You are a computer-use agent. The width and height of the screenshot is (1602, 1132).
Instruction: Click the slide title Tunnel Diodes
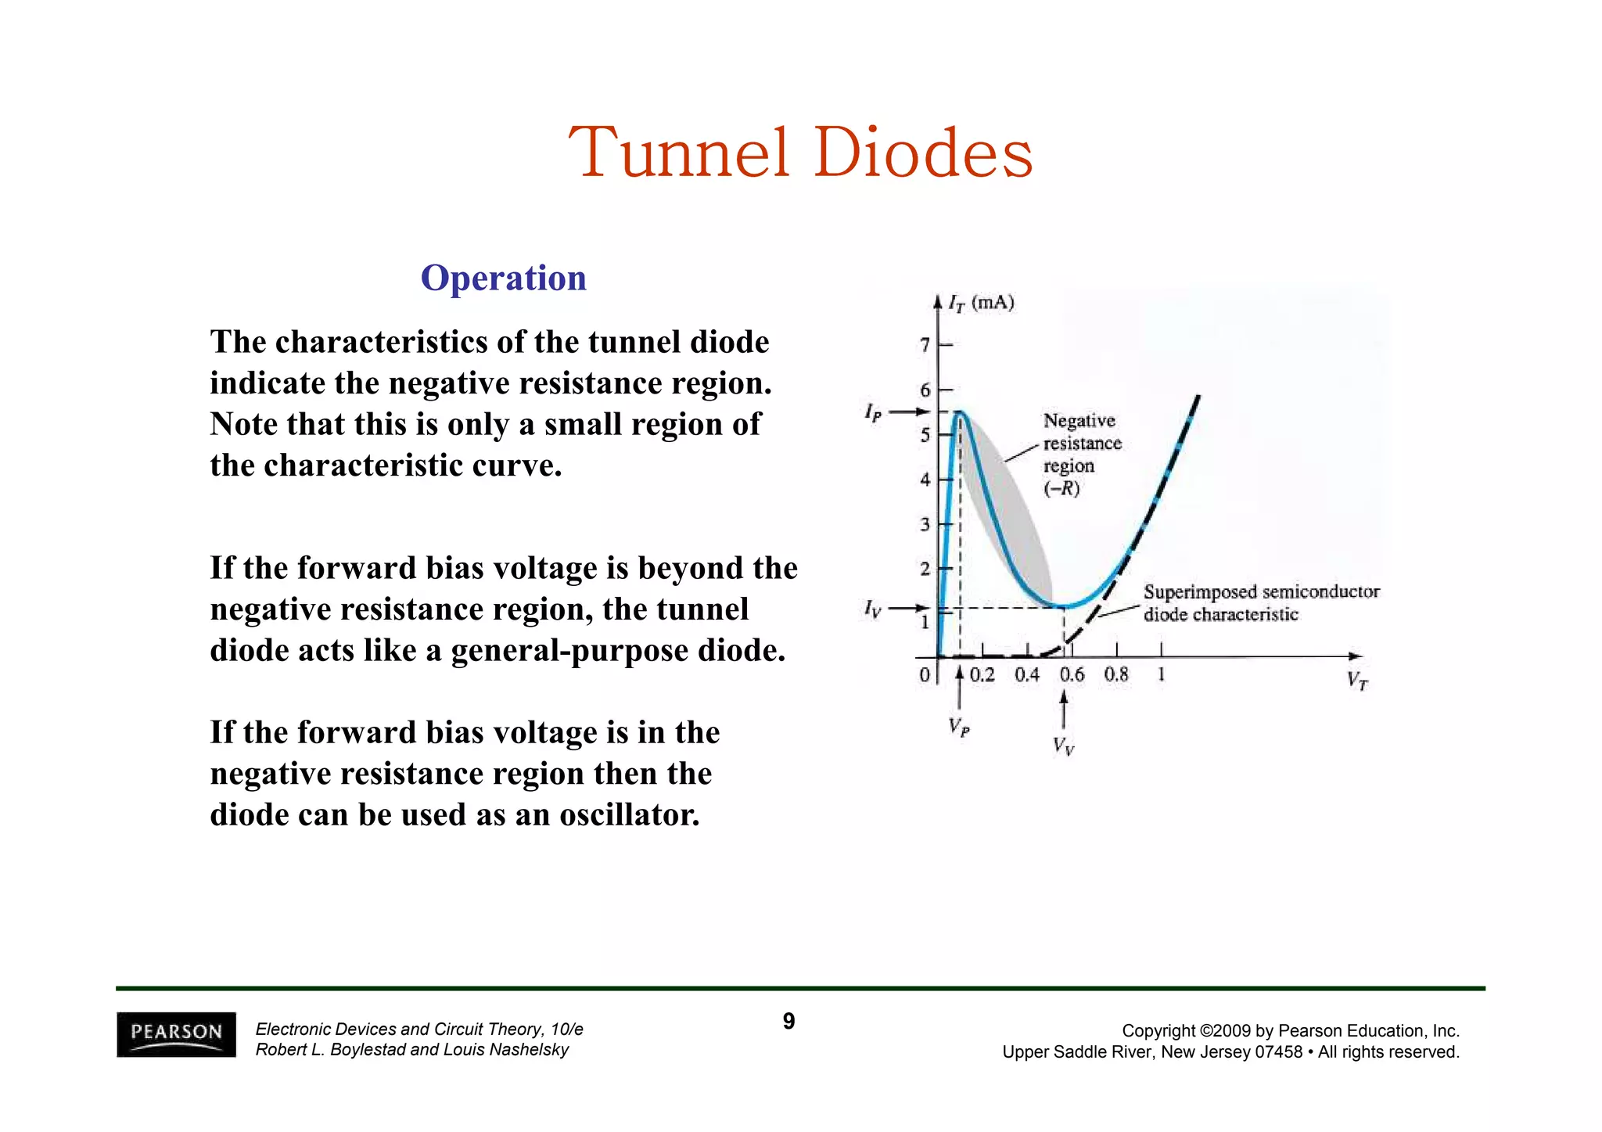(800, 153)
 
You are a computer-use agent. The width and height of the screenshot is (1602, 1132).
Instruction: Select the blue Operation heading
(503, 279)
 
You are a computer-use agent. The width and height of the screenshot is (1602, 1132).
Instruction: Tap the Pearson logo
(176, 1034)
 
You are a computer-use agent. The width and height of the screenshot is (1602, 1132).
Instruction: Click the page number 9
(788, 1021)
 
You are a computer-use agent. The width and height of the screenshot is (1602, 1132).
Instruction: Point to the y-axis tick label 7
(925, 345)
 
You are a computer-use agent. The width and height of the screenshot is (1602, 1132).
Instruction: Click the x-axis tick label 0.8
(1116, 674)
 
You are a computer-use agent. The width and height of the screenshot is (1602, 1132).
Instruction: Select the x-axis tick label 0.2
(982, 674)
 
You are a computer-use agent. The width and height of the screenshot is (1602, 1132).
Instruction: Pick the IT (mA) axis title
(981, 304)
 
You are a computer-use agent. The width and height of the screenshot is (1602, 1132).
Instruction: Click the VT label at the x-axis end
(1357, 681)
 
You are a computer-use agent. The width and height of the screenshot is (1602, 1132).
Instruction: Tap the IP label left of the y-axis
(873, 412)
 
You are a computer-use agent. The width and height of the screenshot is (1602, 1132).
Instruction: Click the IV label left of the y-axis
(872, 608)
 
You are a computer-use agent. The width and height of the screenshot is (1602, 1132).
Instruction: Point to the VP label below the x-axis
(959, 728)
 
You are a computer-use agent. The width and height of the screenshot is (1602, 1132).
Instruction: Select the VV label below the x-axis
(1063, 746)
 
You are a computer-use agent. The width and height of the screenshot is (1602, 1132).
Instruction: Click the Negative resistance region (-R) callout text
(1081, 455)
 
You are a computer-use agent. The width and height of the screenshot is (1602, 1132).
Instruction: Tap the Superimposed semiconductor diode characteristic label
(1260, 603)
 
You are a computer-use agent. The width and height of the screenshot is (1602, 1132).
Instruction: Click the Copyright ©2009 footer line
(1290, 1031)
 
